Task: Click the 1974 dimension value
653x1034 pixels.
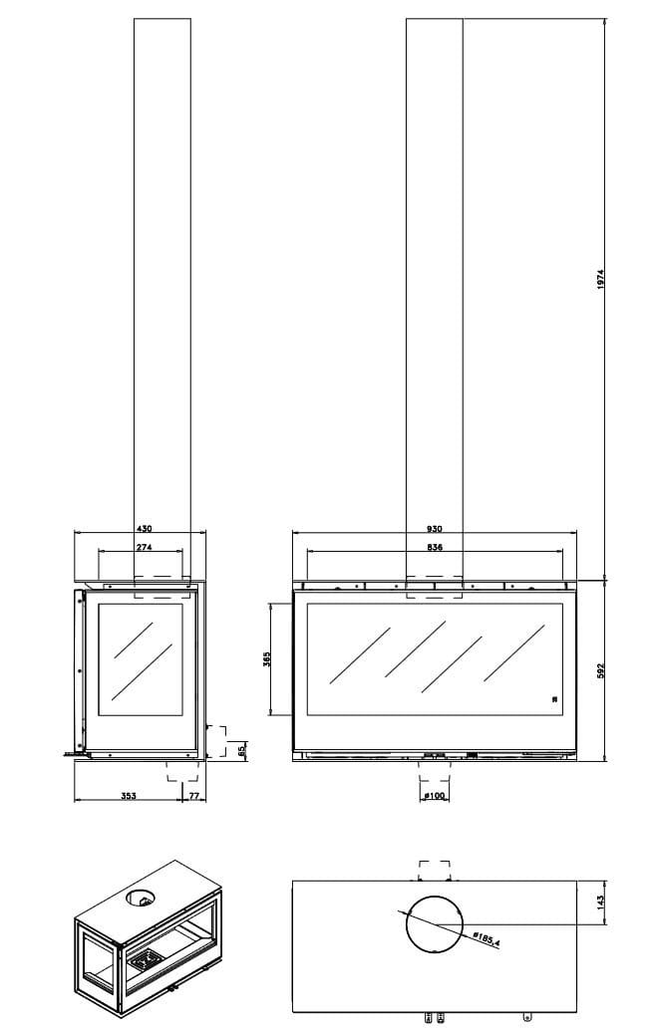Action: point(600,279)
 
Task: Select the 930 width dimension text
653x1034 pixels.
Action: point(435,528)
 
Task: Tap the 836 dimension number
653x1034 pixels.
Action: point(435,547)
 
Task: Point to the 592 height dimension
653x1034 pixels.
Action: point(600,670)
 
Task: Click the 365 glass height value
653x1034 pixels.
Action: point(266,659)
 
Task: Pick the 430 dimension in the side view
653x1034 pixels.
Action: point(144,528)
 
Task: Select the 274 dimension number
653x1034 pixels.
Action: point(144,547)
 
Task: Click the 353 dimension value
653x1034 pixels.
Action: point(128,796)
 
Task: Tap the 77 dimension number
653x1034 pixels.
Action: point(194,796)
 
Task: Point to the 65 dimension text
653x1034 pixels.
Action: point(242,749)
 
